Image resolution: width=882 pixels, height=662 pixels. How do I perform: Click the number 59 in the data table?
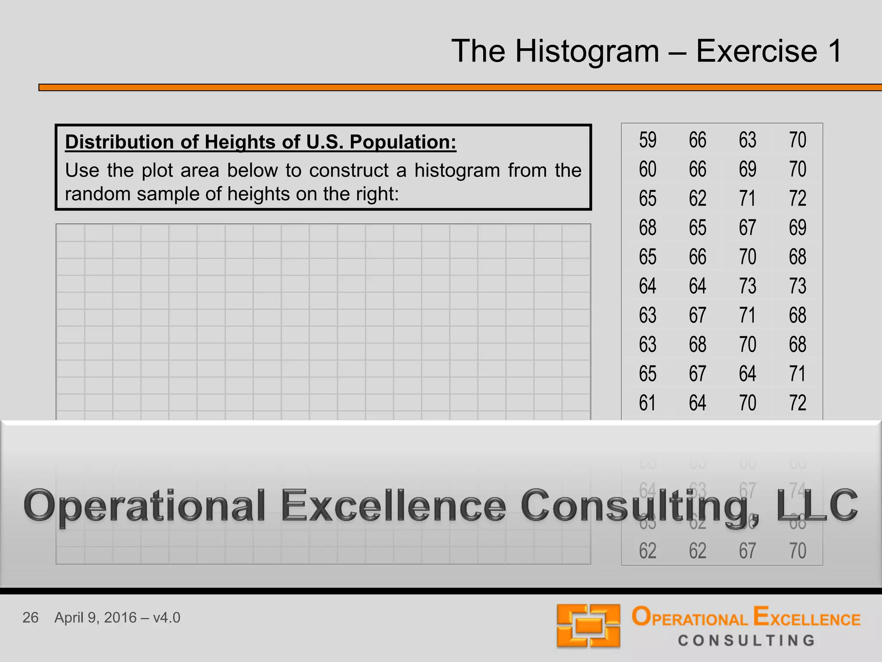click(647, 140)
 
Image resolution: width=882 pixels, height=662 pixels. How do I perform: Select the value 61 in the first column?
click(647, 403)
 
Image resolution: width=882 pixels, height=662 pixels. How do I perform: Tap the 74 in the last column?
click(797, 490)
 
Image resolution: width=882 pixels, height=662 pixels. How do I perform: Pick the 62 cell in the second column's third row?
click(697, 199)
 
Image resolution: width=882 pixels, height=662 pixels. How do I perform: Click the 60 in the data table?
click(647, 169)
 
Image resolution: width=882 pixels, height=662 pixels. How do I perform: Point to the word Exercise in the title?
click(756, 51)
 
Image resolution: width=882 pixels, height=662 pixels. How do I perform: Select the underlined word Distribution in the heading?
click(131, 142)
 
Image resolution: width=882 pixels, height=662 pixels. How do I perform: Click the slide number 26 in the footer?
click(31, 618)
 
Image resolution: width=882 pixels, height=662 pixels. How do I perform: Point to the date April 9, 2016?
click(95, 618)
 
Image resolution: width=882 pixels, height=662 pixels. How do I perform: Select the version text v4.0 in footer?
click(166, 618)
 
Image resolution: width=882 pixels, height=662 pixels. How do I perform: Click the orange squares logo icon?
click(588, 626)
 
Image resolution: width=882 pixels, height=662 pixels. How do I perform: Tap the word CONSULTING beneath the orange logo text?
click(747, 640)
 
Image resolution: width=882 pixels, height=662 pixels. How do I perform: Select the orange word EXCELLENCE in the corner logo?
click(807, 617)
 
